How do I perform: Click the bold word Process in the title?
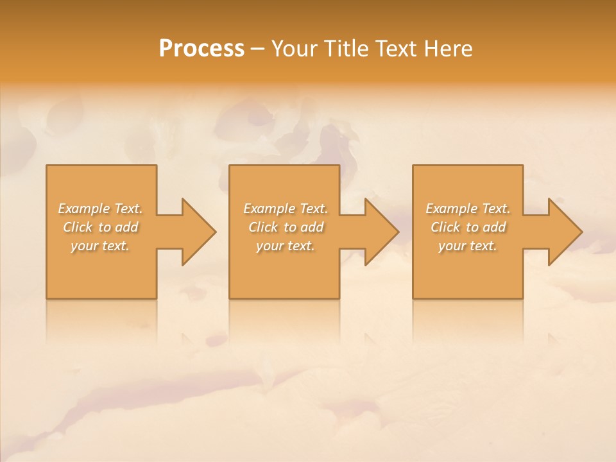click(201, 49)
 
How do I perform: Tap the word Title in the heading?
click(347, 49)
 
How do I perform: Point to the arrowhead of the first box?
click(196, 232)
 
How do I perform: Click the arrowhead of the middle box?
click(380, 232)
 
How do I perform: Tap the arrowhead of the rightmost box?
click(563, 232)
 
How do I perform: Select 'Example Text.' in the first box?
click(101, 209)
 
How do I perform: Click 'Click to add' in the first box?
click(101, 227)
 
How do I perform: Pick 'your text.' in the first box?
click(101, 246)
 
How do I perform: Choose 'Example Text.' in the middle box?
click(286, 209)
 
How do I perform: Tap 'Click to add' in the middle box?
click(286, 227)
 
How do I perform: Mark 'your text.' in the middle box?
click(286, 246)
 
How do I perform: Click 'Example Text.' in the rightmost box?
click(468, 209)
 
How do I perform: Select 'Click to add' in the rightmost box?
click(468, 227)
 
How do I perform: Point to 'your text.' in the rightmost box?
click(468, 246)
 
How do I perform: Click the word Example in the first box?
click(84, 209)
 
